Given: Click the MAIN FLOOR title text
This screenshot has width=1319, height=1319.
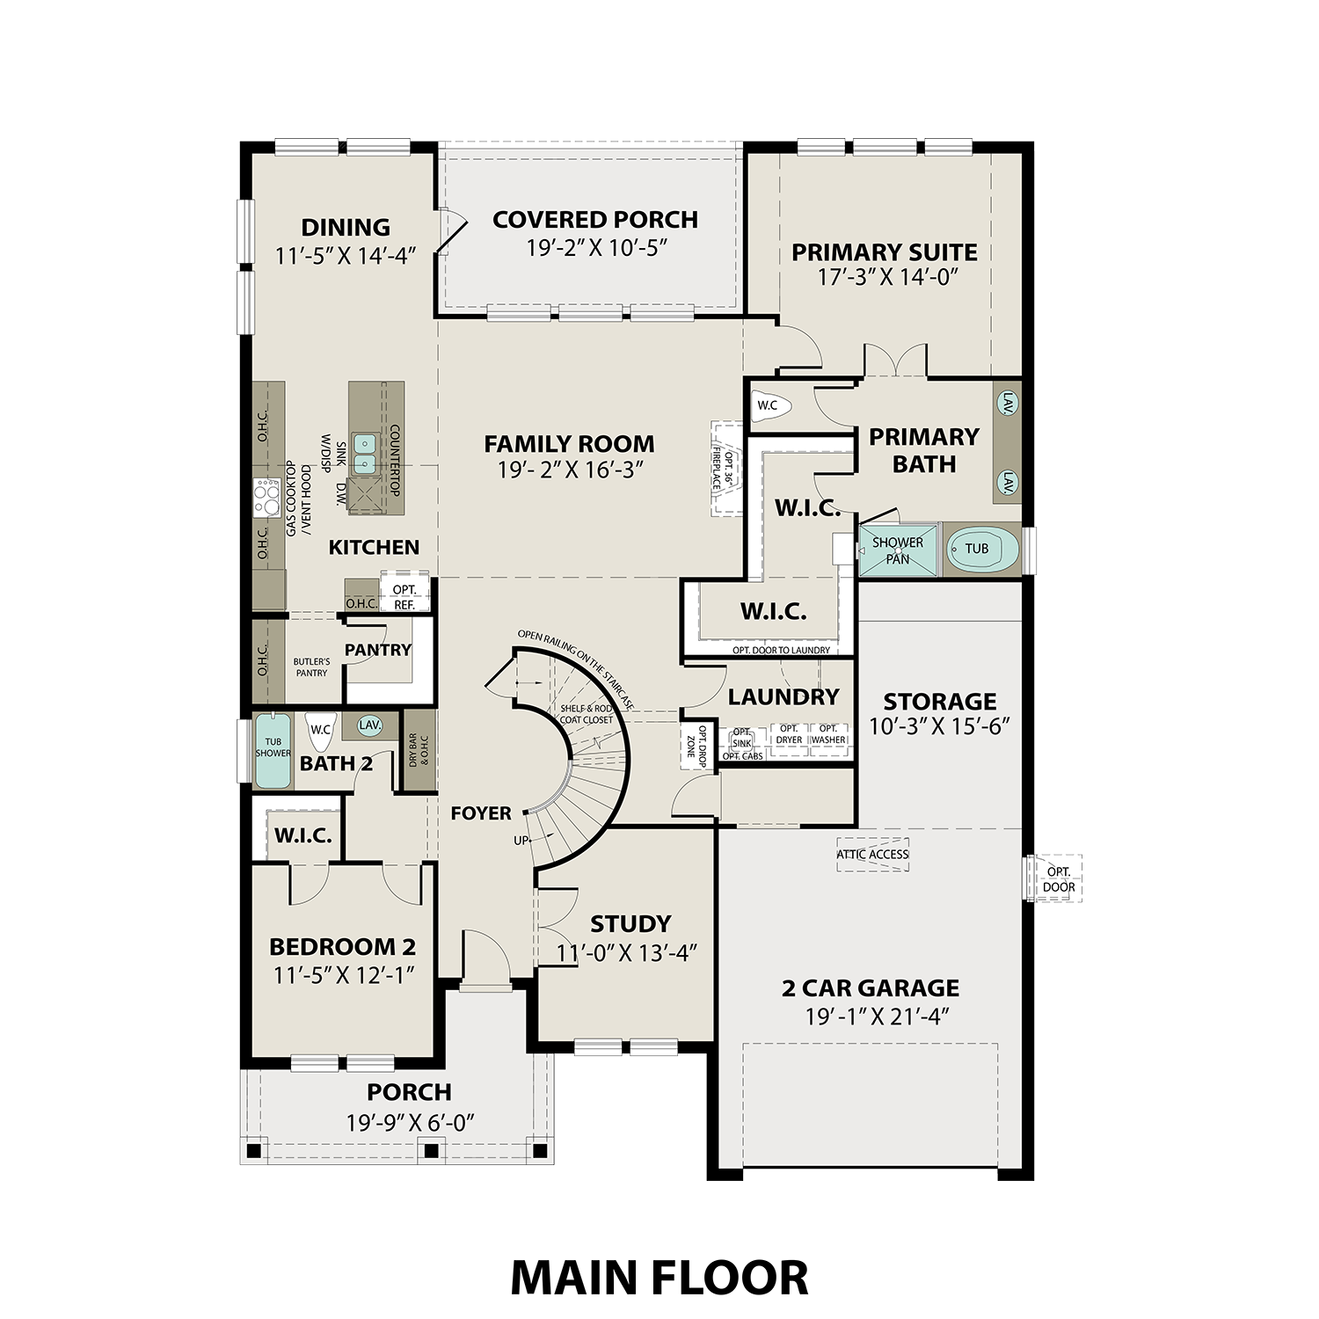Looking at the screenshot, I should click(659, 1278).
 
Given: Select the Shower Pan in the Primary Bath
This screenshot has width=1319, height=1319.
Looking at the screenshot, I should click(898, 550).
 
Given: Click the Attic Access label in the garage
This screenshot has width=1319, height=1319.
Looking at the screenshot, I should click(872, 854).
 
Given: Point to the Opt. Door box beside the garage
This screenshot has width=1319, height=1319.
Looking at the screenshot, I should click(1059, 879).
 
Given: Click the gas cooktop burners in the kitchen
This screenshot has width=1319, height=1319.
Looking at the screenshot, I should click(266, 499).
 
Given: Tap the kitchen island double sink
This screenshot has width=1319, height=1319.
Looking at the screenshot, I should click(364, 453).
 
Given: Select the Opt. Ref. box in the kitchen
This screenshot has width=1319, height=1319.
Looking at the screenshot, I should click(404, 596).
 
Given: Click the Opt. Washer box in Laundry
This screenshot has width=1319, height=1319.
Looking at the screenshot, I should click(827, 734).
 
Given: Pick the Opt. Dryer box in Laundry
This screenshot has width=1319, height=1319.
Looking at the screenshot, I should click(789, 734).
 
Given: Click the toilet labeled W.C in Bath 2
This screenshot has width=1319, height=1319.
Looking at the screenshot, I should click(320, 729).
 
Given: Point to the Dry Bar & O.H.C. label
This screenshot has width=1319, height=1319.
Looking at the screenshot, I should click(419, 749).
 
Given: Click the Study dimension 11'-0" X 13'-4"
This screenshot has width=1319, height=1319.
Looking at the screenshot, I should click(626, 953).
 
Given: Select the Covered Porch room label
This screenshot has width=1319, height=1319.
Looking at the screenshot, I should click(595, 219).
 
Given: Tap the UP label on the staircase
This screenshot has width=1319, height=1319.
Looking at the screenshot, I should click(521, 841).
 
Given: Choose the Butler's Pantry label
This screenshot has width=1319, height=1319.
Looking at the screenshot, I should click(311, 667).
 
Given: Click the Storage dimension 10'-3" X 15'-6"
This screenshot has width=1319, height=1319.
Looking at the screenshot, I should click(939, 726).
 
